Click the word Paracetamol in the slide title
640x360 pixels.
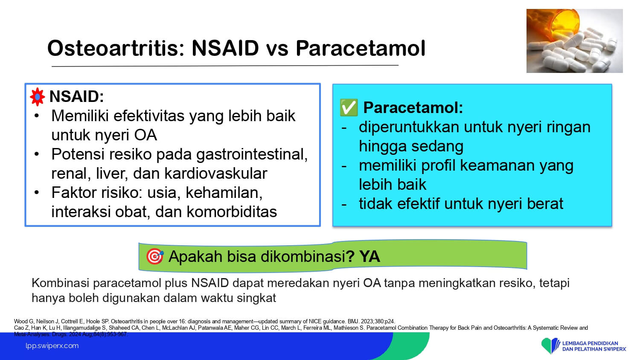(361, 48)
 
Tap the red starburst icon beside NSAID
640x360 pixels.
(38, 97)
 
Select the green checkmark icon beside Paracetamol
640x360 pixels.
(349, 107)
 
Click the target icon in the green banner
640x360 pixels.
(154, 256)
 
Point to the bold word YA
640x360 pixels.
(370, 256)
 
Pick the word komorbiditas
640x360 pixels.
(232, 212)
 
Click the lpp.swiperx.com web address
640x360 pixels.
(52, 346)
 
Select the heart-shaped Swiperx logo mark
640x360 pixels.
(550, 345)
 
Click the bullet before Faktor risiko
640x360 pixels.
(37, 192)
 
